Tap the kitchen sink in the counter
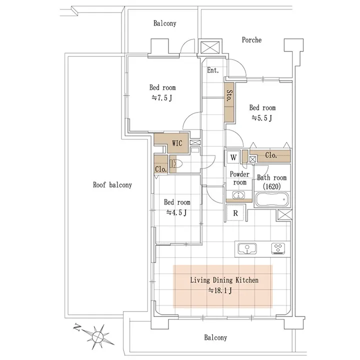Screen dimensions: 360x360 (x=247, y=248)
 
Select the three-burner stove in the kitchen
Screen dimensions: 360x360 (x=278, y=248)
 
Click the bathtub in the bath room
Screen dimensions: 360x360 (x=272, y=199)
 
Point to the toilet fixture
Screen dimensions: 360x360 (x=176, y=164)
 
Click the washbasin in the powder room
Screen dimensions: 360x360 (x=239, y=195)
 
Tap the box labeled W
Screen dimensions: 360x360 (x=233, y=157)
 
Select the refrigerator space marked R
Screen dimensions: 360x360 (x=235, y=213)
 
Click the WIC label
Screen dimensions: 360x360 (x=177, y=143)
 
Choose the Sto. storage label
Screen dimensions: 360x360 (x=229, y=95)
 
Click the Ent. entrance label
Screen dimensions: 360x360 (x=213, y=70)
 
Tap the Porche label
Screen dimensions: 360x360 (x=251, y=40)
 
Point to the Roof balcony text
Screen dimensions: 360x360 (x=112, y=185)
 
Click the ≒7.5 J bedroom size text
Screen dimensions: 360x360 (x=161, y=98)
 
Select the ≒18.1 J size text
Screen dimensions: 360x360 (x=220, y=290)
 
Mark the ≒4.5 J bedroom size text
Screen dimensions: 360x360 (x=176, y=212)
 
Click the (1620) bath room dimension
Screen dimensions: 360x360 (x=271, y=186)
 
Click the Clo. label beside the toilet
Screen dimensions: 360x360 (x=160, y=169)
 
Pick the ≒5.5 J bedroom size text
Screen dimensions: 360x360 (x=261, y=118)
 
